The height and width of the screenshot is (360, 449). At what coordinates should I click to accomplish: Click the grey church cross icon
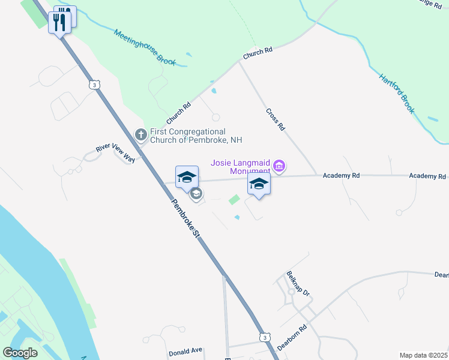tap(140, 134)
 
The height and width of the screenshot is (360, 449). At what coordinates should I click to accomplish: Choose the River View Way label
tap(116, 153)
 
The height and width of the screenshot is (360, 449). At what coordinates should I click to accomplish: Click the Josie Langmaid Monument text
tap(240, 166)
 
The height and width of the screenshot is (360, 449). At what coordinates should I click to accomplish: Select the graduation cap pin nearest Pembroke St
tap(187, 176)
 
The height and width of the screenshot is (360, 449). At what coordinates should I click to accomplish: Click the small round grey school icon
tap(196, 194)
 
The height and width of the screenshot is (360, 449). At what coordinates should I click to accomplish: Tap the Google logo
tap(20, 352)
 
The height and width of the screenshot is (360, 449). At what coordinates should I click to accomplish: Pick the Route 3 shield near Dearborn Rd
tap(264, 337)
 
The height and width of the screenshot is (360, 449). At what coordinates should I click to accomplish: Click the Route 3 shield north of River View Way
tap(94, 85)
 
